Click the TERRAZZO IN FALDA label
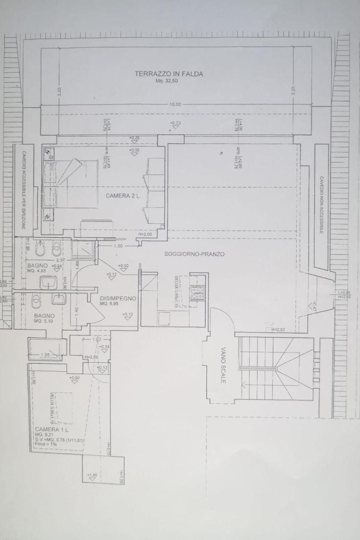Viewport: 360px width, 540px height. tap(169, 74)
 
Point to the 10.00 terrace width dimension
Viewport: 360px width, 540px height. tap(175, 104)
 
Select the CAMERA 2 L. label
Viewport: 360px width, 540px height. tap(123, 196)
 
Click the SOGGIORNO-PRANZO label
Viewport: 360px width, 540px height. tap(194, 254)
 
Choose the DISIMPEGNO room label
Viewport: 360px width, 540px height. tap(118, 298)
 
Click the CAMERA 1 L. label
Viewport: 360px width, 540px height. tap(52, 430)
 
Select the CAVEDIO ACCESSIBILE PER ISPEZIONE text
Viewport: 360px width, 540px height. tap(24, 190)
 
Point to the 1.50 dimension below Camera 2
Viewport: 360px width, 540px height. tap(118, 246)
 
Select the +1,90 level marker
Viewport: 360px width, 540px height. tap(92, 475)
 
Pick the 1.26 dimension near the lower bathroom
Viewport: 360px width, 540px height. tap(45, 355)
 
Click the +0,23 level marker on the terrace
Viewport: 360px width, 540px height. tap(175, 123)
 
